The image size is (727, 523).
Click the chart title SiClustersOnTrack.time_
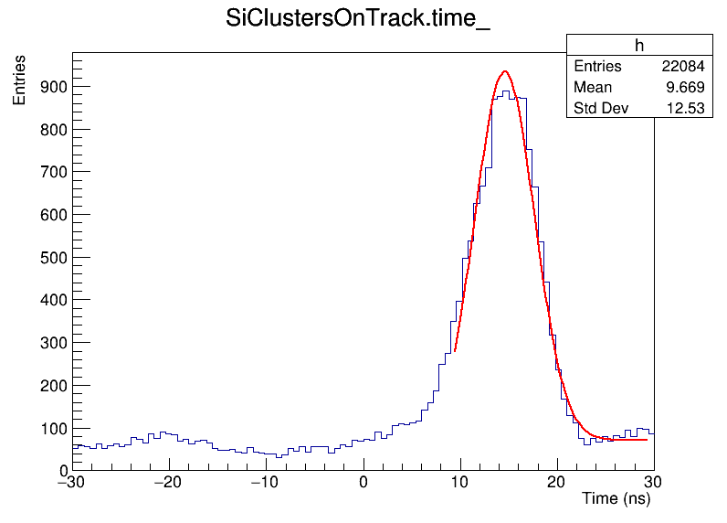(359, 20)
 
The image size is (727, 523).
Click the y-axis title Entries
(19, 80)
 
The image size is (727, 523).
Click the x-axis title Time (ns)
(616, 499)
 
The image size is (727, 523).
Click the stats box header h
(639, 46)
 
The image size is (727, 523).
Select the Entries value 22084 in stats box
(683, 67)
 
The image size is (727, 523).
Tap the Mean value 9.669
(686, 88)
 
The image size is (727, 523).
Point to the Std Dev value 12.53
(686, 109)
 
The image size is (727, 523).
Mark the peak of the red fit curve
(504, 71)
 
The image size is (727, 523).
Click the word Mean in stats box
(593, 88)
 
